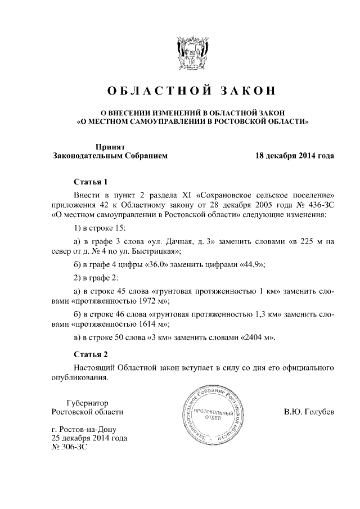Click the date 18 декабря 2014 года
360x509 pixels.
(x=295, y=156)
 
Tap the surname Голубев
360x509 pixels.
(x=320, y=412)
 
